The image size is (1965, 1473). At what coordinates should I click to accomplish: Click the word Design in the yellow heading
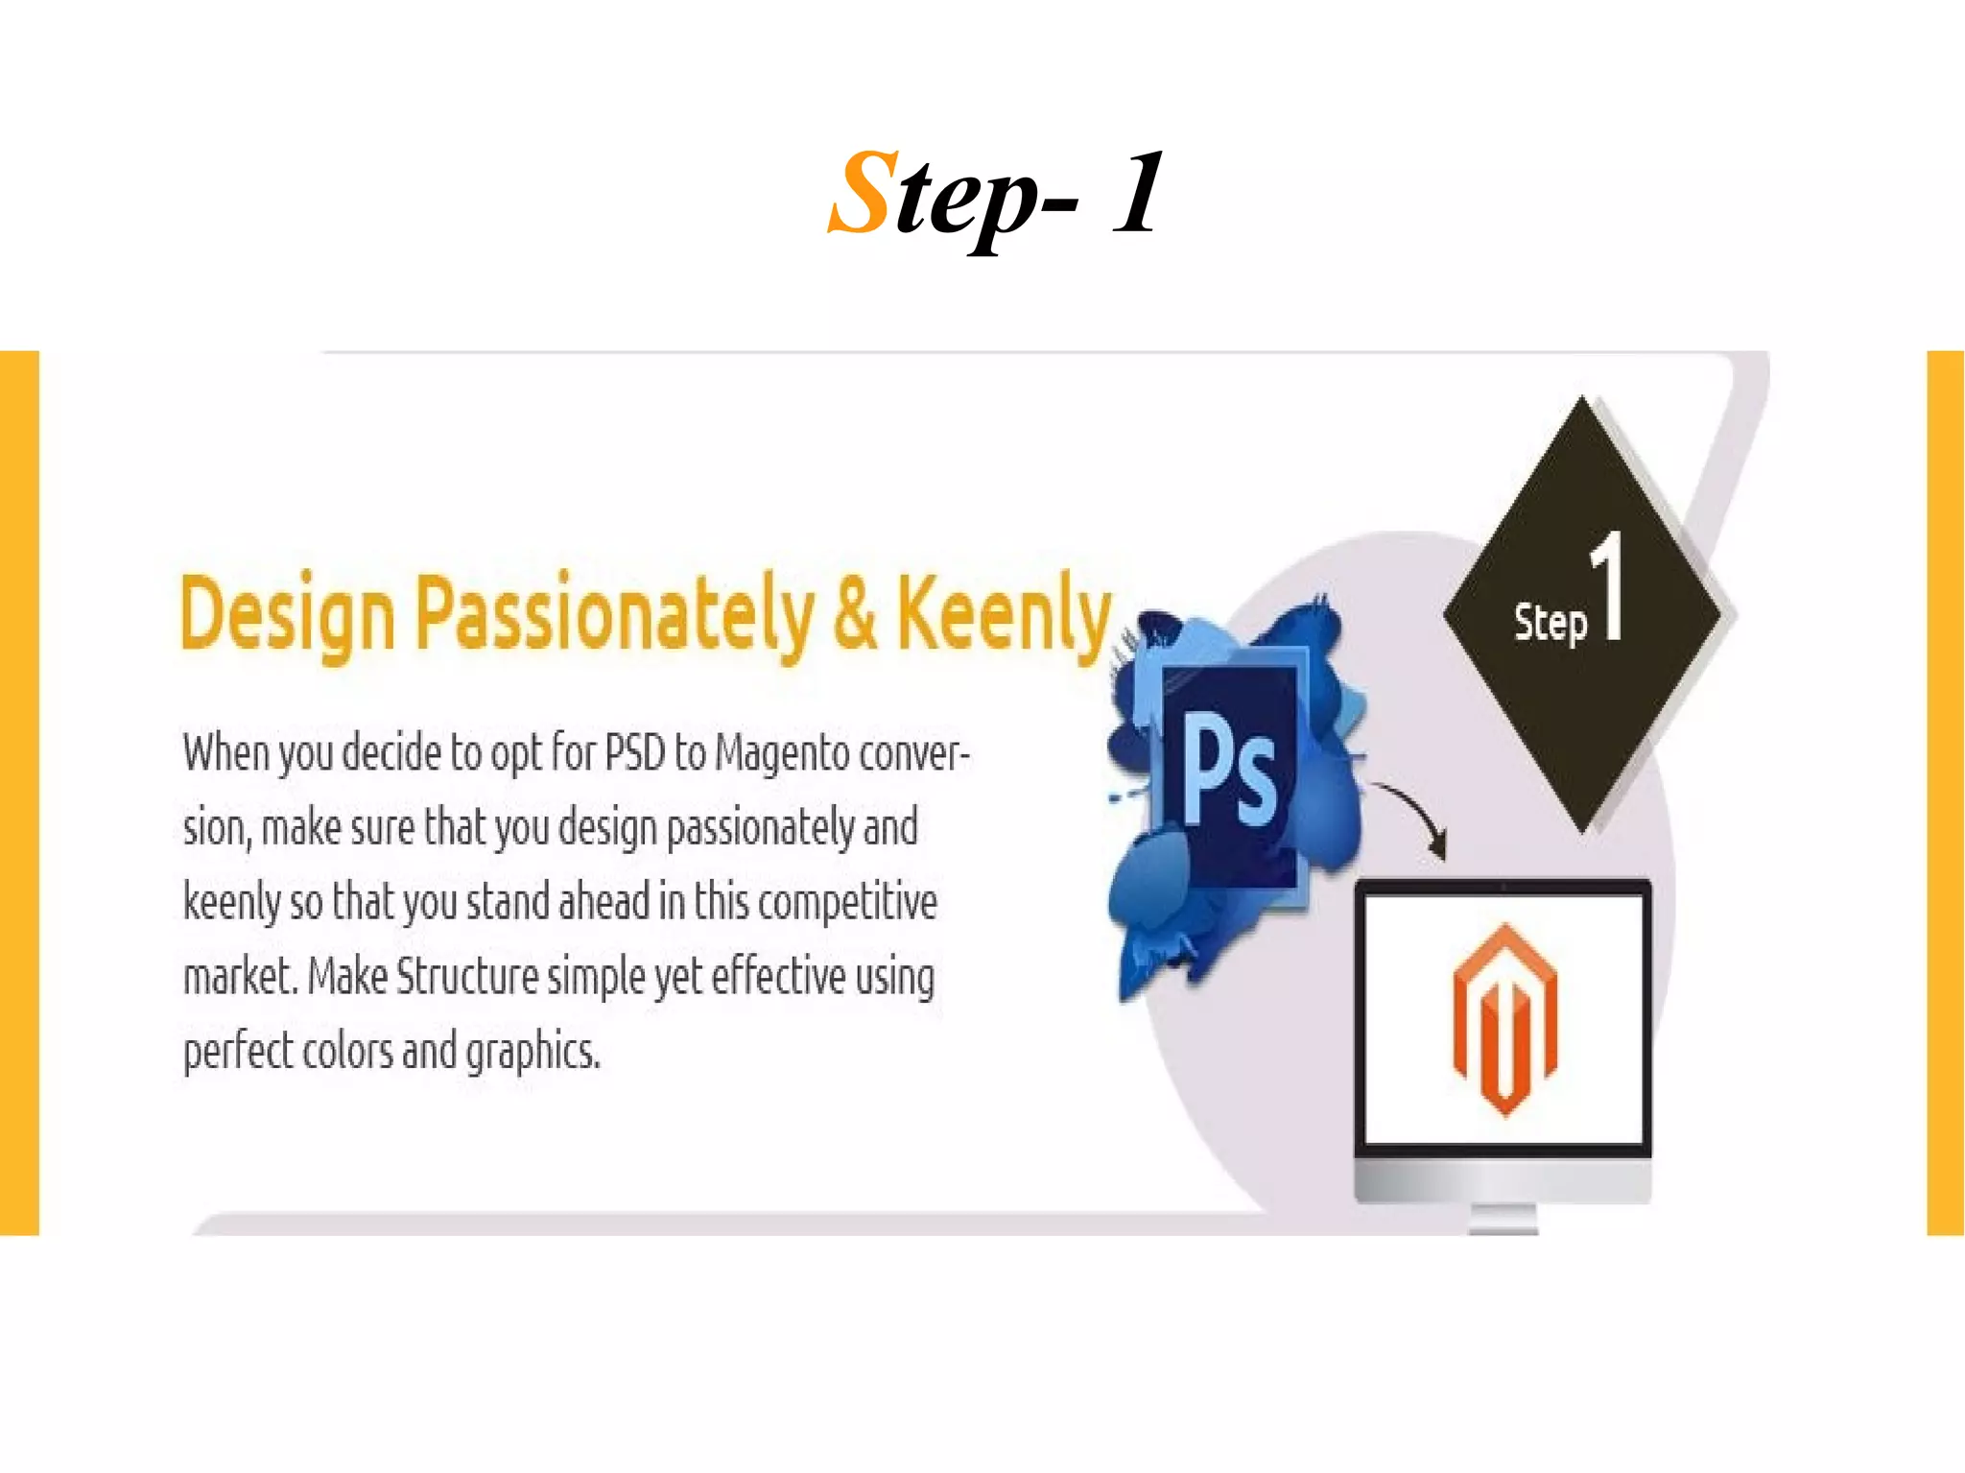click(287, 615)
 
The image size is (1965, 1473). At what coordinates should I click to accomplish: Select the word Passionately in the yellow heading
click(614, 615)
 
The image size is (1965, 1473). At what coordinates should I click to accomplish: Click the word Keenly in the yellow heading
click(1004, 615)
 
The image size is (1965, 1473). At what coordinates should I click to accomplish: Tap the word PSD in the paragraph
click(634, 752)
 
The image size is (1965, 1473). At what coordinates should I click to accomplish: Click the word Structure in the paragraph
click(467, 977)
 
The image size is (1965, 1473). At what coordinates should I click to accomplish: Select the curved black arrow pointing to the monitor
click(1414, 816)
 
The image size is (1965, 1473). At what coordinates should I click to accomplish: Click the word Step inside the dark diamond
click(1551, 623)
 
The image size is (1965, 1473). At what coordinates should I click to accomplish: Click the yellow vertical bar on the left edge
click(19, 793)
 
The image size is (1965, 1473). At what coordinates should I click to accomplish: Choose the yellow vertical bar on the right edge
click(1945, 793)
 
